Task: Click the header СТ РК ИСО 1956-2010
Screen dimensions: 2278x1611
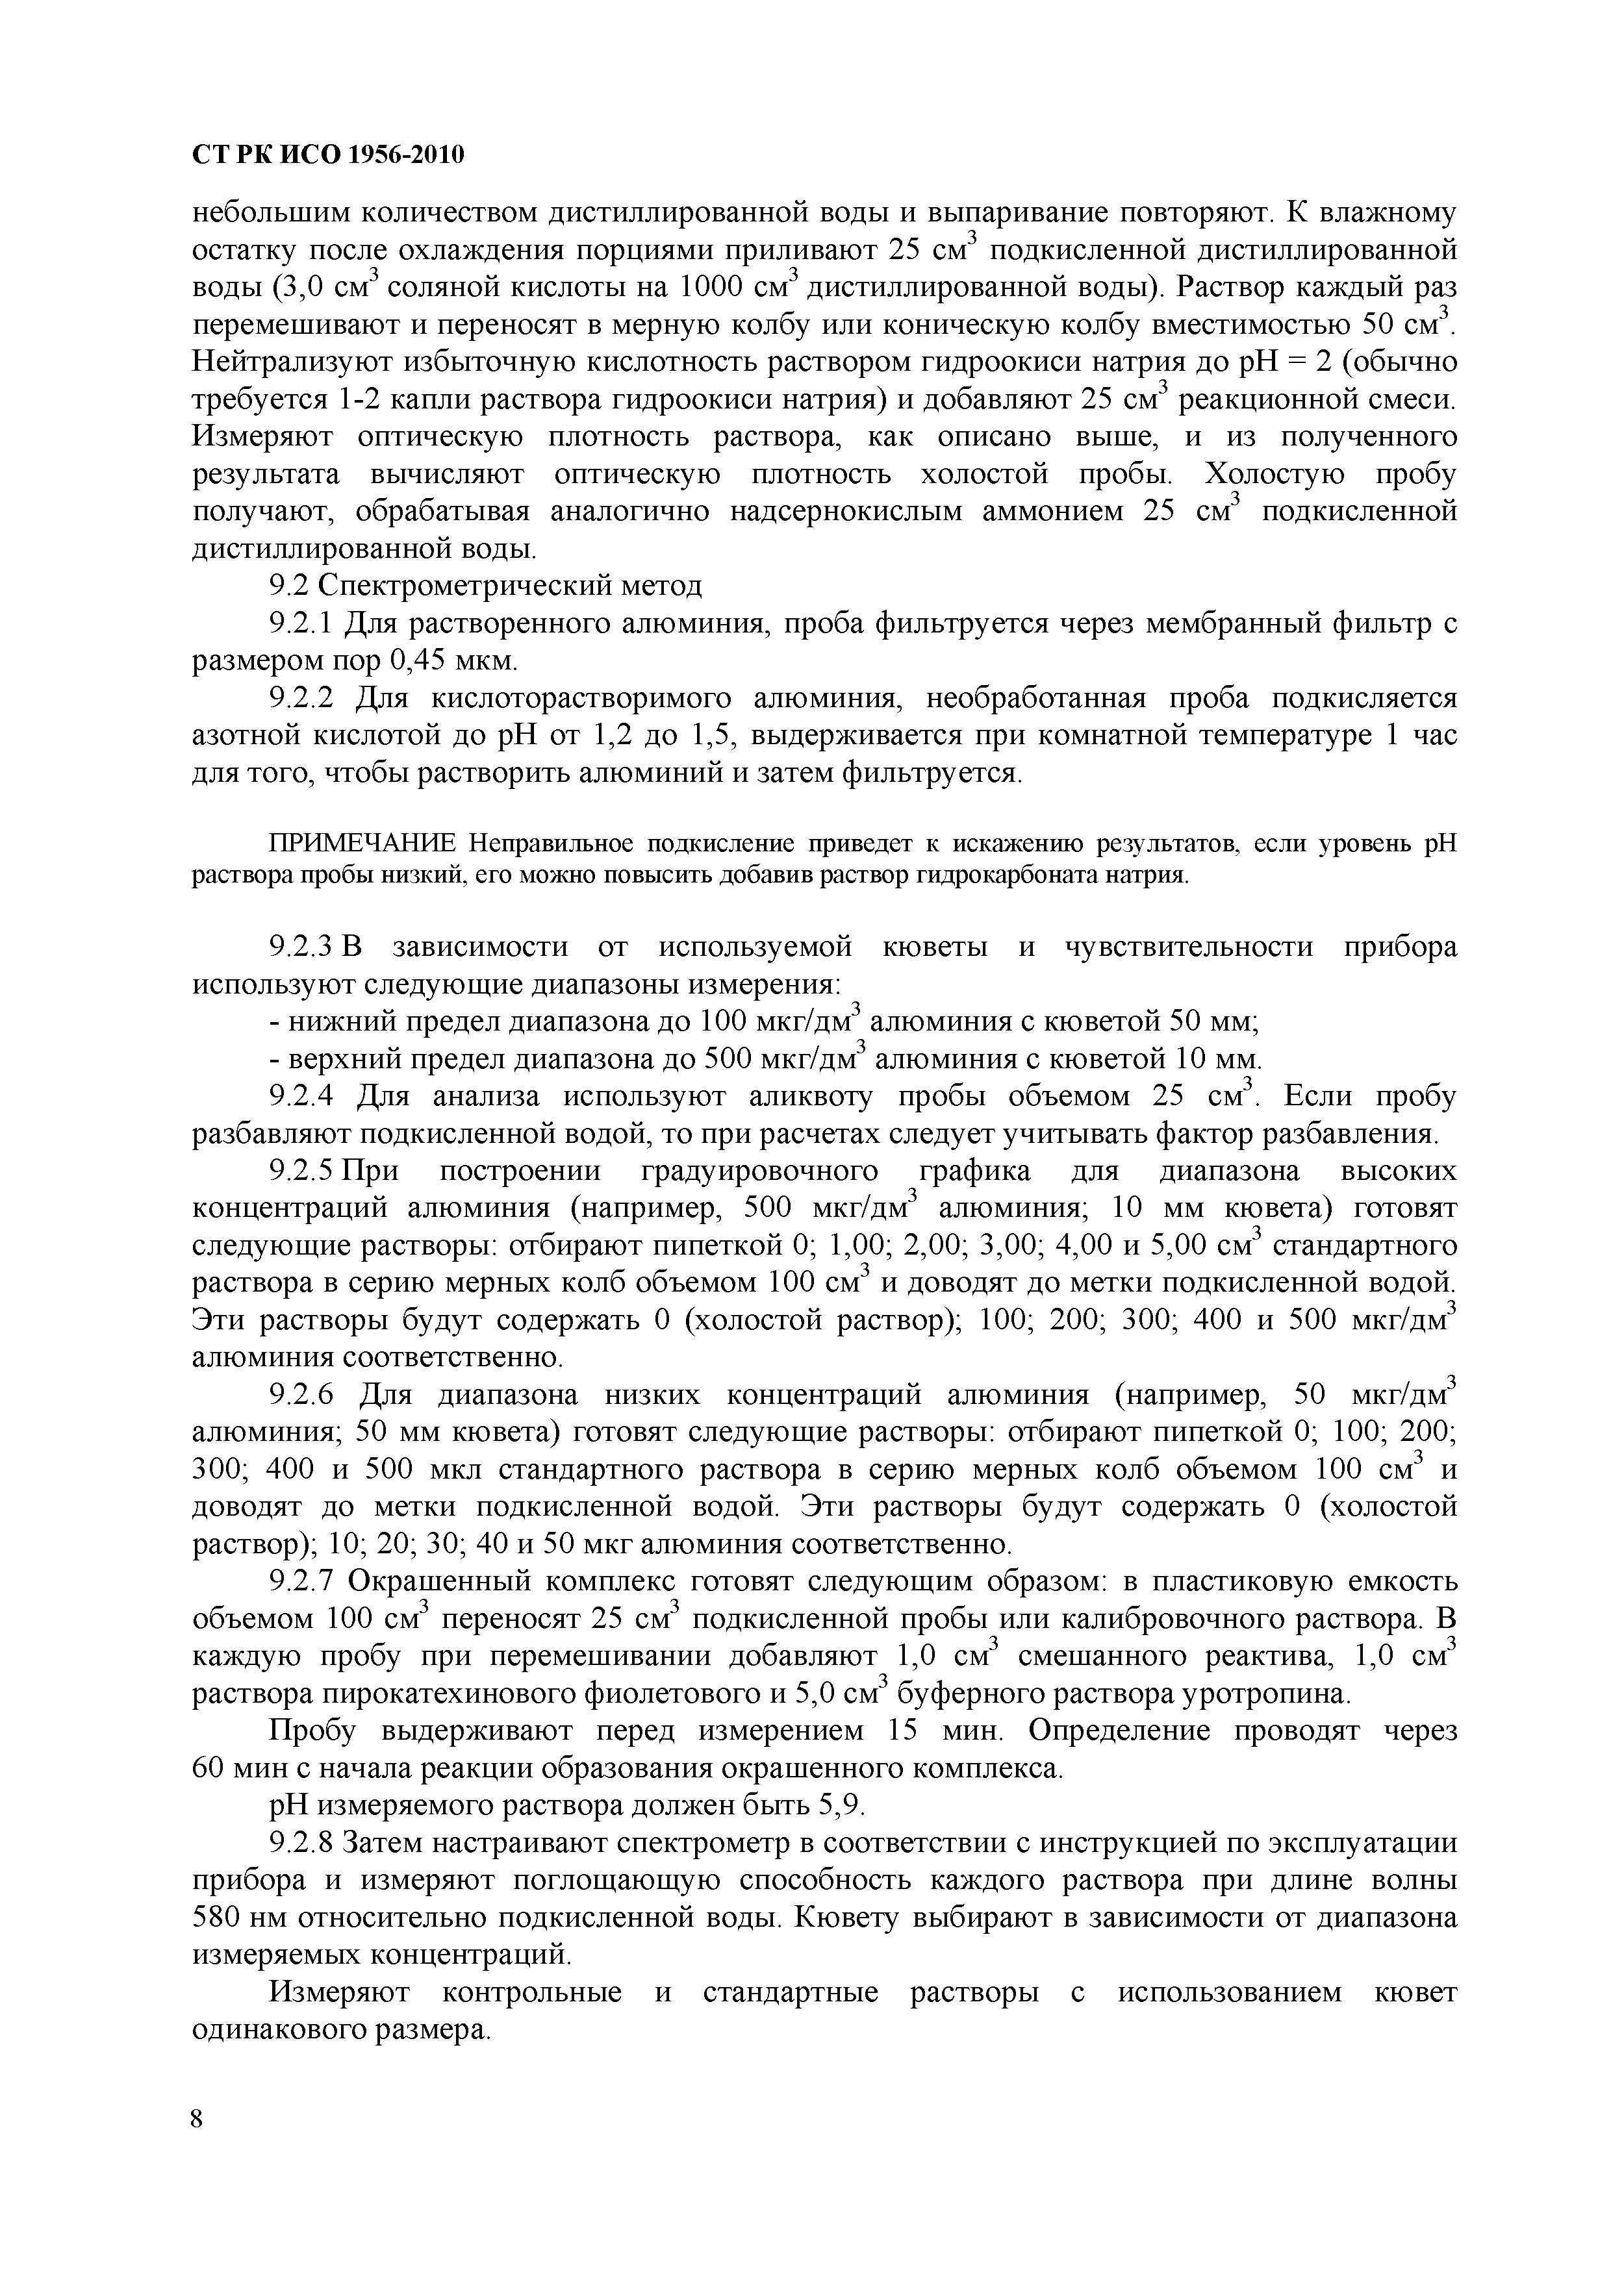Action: pos(327,156)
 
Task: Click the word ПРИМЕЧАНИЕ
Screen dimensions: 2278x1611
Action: pos(362,844)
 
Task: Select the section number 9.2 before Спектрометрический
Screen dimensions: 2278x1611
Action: pos(289,586)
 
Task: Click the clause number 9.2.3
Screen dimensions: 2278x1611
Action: pos(304,947)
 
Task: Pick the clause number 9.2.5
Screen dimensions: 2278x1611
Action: pos(304,1171)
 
